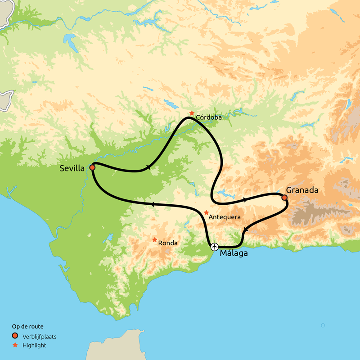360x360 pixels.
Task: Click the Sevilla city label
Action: click(x=72, y=169)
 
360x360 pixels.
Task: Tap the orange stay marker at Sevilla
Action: click(x=92, y=167)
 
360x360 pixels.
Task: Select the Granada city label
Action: click(x=302, y=190)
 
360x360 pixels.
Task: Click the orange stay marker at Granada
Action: click(x=284, y=197)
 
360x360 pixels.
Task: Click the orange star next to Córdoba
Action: click(x=192, y=113)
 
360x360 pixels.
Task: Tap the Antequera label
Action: click(x=225, y=217)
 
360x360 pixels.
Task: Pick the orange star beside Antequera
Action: click(x=206, y=212)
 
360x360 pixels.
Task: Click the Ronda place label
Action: click(x=168, y=243)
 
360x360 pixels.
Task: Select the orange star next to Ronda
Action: click(x=155, y=239)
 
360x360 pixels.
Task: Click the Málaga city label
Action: click(x=234, y=253)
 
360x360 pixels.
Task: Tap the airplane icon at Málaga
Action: click(x=215, y=247)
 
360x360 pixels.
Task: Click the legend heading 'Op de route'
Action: click(x=27, y=326)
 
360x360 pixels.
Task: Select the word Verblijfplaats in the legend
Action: click(x=39, y=336)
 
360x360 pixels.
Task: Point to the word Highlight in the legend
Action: click(x=34, y=345)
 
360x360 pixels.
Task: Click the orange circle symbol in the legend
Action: click(x=15, y=336)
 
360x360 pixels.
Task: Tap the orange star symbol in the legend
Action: click(x=15, y=345)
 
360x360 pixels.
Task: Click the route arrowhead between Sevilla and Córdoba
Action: click(x=148, y=168)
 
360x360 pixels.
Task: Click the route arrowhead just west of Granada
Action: click(x=245, y=199)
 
